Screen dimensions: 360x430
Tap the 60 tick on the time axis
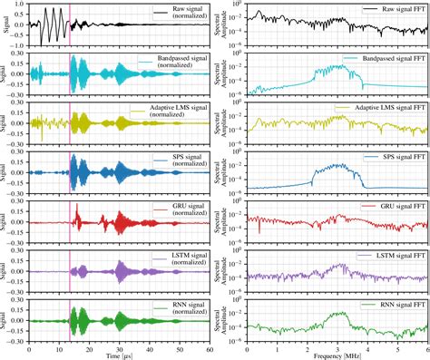(209, 348)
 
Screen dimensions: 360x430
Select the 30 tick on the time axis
(119, 348)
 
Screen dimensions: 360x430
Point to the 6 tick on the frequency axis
(426, 348)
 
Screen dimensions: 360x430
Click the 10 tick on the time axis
(59, 348)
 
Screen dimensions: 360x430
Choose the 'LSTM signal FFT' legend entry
(393, 257)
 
